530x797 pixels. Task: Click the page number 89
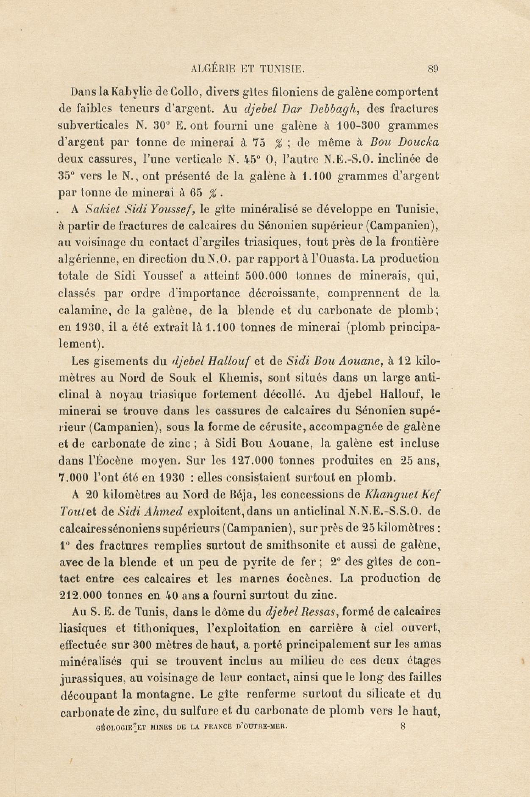pyautogui.click(x=433, y=70)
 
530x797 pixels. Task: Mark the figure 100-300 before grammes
pyautogui.click(x=358, y=126)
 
